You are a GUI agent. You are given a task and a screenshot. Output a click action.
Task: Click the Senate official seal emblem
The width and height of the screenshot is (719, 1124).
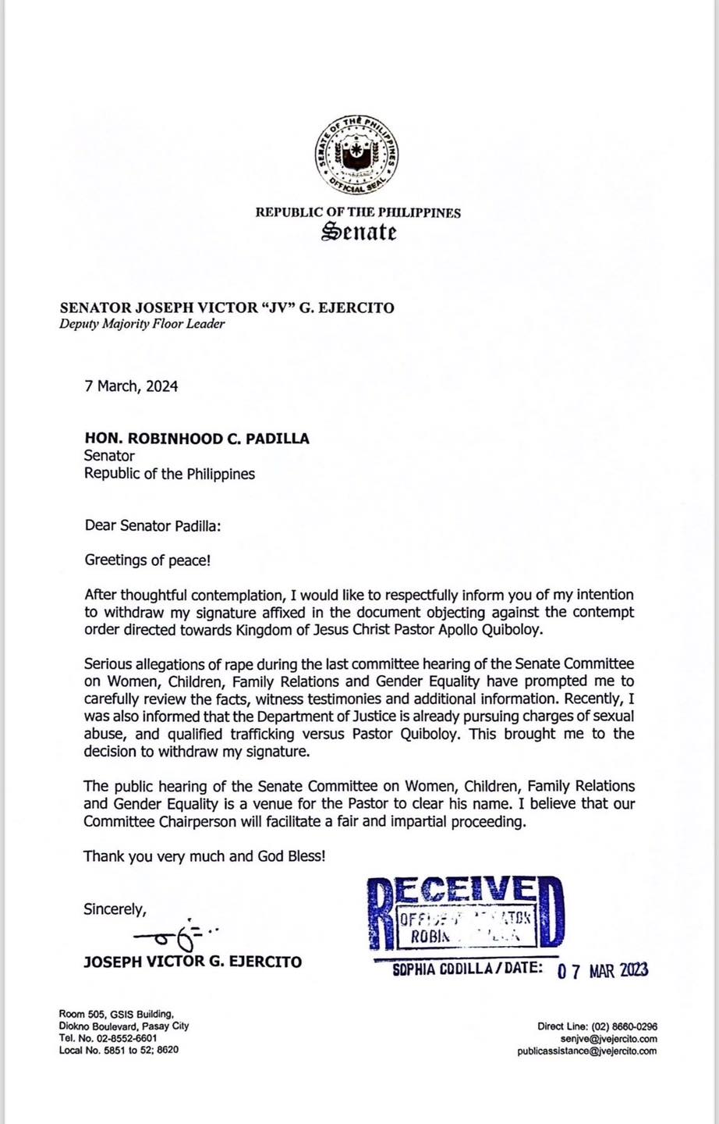(359, 155)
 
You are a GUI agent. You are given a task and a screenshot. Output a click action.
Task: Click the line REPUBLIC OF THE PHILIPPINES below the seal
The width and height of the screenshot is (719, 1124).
(359, 212)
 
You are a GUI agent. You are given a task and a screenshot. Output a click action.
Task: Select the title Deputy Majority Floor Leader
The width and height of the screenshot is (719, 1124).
(142, 324)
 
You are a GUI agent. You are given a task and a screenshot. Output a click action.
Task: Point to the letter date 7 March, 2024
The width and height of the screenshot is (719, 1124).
(131, 386)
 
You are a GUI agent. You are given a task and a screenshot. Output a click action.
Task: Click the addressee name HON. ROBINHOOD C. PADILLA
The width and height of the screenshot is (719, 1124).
(197, 439)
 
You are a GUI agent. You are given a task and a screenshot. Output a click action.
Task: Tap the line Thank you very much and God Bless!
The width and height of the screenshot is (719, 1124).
(204, 856)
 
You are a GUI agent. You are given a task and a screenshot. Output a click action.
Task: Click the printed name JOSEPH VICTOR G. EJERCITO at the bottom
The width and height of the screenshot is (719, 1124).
(192, 961)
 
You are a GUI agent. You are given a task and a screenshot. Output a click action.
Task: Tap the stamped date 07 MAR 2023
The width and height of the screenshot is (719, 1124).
(602, 970)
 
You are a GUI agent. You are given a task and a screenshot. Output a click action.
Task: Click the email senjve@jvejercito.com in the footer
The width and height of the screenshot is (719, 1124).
(608, 1039)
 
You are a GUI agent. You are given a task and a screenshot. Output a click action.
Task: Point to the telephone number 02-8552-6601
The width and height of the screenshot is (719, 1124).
(123, 1038)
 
